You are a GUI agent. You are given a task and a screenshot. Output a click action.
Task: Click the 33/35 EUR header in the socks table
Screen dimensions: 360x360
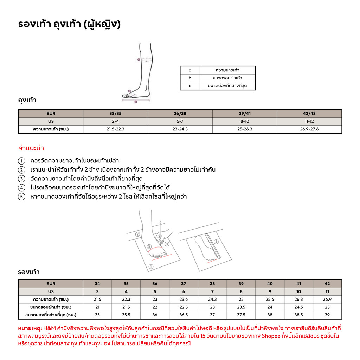[x=115, y=114]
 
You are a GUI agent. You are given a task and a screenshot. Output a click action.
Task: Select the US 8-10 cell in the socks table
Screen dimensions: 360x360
[x=245, y=121]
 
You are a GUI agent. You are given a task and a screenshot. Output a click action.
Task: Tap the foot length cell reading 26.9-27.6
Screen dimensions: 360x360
[x=309, y=129]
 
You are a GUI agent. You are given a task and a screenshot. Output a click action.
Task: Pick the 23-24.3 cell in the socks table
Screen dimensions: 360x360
[x=180, y=129]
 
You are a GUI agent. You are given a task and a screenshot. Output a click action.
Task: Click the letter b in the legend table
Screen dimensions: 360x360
[x=190, y=78]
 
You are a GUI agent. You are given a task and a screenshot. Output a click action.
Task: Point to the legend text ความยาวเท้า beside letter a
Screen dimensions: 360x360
[x=227, y=70]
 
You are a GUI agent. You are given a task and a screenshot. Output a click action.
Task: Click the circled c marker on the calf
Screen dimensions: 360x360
[x=139, y=60]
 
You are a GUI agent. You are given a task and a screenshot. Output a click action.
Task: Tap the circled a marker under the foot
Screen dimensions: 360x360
[x=136, y=102]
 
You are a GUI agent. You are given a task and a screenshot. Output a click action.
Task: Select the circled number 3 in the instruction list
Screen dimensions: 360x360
[x=21, y=179]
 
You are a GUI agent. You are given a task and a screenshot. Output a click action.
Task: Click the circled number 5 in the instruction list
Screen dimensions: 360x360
[x=21, y=197]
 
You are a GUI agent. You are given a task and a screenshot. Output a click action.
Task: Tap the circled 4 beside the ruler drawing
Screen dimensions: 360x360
[x=216, y=242]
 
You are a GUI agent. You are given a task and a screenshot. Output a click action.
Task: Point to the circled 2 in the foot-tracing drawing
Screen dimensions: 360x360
[x=138, y=234]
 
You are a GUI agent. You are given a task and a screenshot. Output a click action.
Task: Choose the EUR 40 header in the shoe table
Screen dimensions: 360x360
[x=270, y=284]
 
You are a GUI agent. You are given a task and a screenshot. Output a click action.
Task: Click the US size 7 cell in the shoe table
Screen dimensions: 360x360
[x=212, y=291]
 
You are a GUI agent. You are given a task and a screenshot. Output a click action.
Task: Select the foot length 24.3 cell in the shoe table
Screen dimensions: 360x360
[x=212, y=299]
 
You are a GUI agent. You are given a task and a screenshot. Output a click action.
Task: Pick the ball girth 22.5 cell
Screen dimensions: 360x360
[x=184, y=307]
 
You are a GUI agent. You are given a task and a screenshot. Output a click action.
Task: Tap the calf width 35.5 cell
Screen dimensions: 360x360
[x=126, y=315]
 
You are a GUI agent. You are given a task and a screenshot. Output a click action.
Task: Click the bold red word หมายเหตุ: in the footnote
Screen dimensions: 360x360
[x=30, y=328]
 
